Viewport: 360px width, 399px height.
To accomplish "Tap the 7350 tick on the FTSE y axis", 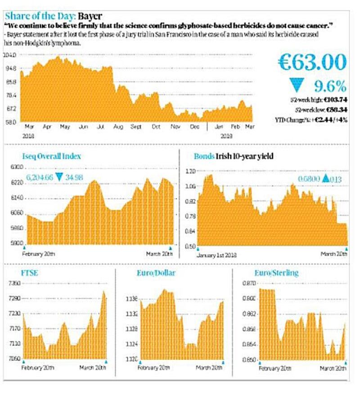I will coord(15,283).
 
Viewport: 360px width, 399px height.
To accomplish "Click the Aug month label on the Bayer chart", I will coord(118,127).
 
